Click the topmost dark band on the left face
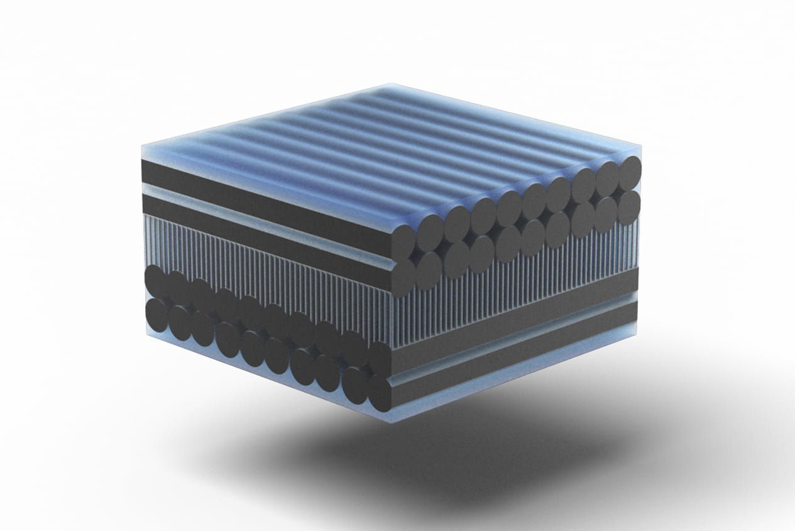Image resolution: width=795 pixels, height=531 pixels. pos(264,192)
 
